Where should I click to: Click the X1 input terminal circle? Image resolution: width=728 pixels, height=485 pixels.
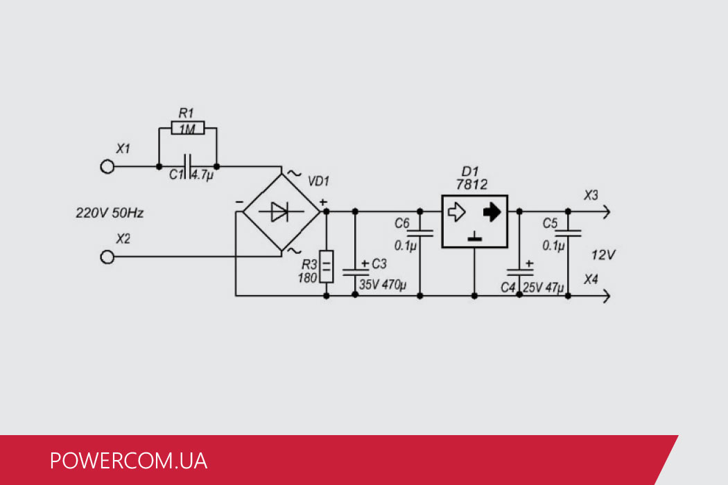click(107, 167)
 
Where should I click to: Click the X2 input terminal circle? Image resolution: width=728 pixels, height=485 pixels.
click(107, 257)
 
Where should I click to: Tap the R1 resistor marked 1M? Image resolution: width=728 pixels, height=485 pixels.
click(187, 129)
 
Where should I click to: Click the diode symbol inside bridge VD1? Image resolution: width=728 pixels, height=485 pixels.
click(279, 212)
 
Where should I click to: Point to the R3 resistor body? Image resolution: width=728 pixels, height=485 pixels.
click(327, 267)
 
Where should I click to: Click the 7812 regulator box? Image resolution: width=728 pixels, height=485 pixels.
click(474, 220)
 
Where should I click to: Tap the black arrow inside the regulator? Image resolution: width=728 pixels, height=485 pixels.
click(492, 212)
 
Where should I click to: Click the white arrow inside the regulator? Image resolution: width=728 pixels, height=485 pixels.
click(456, 212)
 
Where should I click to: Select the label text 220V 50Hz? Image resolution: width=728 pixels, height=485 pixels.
click(110, 213)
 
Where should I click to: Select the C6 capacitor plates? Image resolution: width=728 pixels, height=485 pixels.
click(420, 233)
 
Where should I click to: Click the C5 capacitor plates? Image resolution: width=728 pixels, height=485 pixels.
click(568, 233)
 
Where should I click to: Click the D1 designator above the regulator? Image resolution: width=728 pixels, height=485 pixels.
click(471, 170)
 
